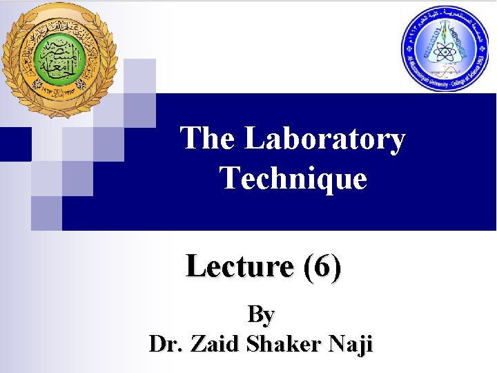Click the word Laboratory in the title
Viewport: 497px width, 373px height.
pos(325,139)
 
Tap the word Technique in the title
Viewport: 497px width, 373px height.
pos(293,179)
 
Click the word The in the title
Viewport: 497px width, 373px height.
pos(208,139)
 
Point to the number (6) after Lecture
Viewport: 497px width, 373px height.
pos(321,267)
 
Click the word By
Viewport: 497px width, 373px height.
pos(261,314)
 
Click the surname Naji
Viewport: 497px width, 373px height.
pos(349,343)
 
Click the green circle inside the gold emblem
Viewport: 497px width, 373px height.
pos(58,57)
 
